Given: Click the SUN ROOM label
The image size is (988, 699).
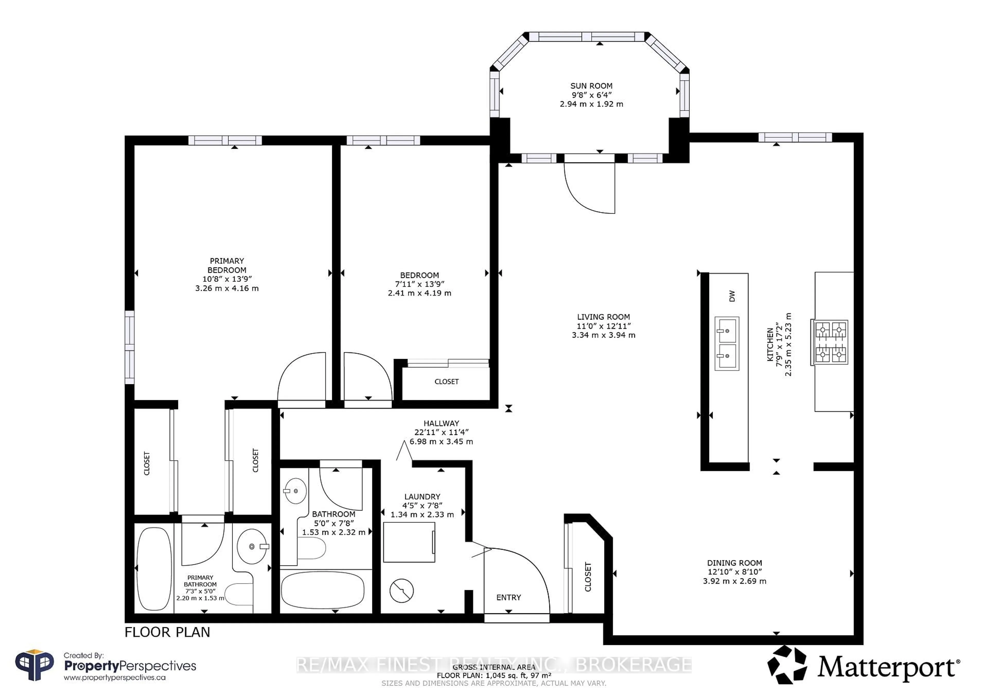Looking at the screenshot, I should point(591,86).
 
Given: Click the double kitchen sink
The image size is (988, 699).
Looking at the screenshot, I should point(727,344).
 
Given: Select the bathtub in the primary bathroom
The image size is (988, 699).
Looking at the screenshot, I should point(154,569).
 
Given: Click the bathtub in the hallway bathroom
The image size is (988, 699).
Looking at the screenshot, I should point(323,590).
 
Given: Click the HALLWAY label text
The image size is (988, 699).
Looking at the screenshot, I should point(441,423).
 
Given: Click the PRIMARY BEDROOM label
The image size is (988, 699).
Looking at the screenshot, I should point(227,265).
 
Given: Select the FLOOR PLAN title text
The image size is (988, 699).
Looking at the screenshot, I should point(167,632).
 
